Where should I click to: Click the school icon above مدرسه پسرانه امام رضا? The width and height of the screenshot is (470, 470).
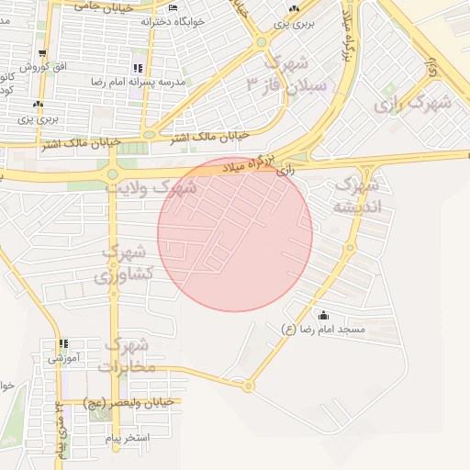coord(138,68)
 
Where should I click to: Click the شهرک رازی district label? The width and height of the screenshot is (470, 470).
coord(413,104)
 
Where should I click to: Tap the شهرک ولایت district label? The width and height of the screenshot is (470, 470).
coord(163,188)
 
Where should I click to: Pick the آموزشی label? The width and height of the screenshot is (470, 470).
coord(64,357)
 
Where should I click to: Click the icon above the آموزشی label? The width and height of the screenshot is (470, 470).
coord(63,343)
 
